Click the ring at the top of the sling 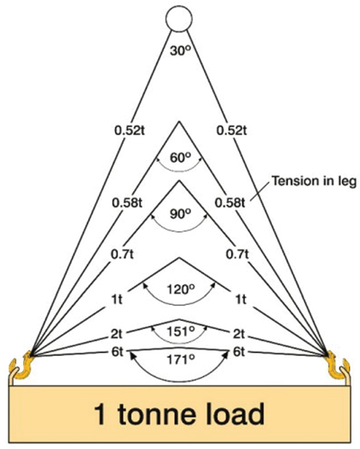179,7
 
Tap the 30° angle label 180,50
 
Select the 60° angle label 180,158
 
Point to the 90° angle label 180,214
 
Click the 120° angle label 181,290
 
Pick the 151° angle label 181,332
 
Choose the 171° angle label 181,360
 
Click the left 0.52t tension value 130,130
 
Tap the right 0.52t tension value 232,130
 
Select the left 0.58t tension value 127,203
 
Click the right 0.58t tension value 230,203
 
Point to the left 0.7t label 122,254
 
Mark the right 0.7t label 238,254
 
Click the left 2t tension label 117,334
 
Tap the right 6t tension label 239,352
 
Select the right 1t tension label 240,299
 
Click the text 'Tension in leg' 314,181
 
